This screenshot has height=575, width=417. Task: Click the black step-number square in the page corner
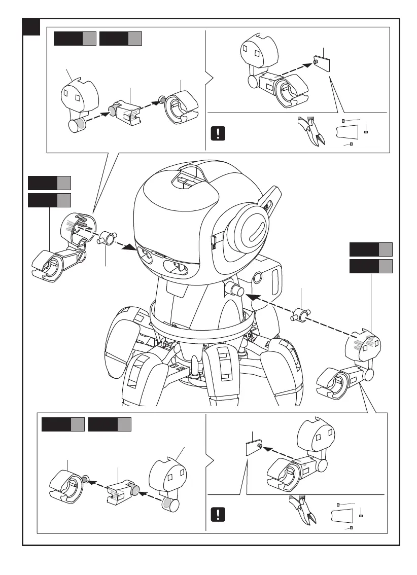click(x=31, y=27)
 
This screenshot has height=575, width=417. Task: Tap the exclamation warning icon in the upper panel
click(x=218, y=133)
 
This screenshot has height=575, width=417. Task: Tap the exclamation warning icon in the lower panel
click(x=218, y=514)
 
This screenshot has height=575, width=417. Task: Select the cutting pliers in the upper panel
click(x=311, y=130)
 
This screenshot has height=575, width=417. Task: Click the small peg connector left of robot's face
click(x=108, y=237)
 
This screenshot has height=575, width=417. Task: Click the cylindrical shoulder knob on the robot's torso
click(x=234, y=290)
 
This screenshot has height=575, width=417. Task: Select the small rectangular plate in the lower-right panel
click(x=253, y=448)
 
